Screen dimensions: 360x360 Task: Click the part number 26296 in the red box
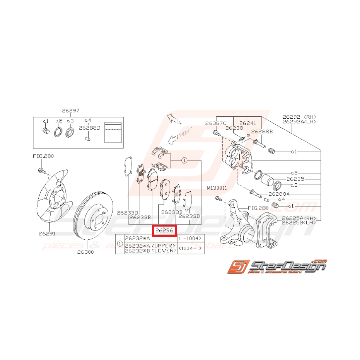(x=164, y=231)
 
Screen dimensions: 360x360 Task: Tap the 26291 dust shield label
(x=47, y=234)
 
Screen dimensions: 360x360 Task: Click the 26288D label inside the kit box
(x=90, y=127)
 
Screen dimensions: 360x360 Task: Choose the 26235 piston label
(x=295, y=179)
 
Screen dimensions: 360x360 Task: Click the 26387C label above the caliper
(x=215, y=123)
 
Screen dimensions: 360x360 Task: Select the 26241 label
(x=247, y=123)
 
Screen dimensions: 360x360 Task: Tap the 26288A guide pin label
(x=279, y=193)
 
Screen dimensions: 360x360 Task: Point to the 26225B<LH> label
(x=299, y=223)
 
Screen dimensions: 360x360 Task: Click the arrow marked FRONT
(x=179, y=136)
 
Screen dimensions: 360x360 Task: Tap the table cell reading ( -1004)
(x=191, y=239)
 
